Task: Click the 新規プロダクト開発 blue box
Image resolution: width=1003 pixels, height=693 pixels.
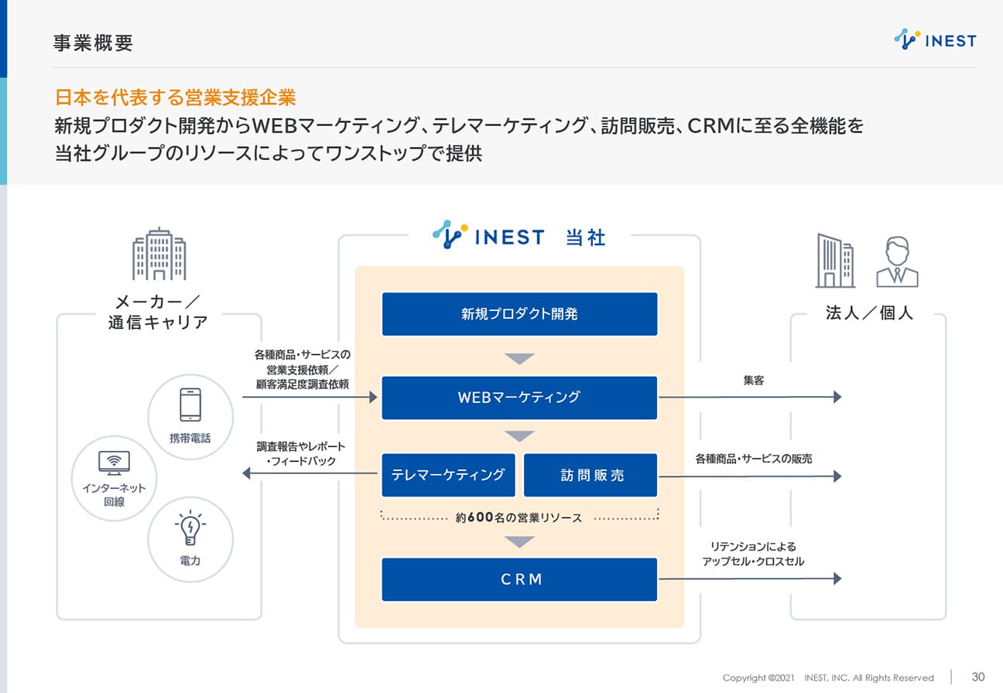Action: (519, 314)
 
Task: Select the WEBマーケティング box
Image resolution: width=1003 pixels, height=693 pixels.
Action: (519, 398)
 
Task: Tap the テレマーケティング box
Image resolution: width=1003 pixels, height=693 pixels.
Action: (448, 475)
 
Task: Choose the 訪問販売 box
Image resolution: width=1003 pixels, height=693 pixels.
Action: (591, 475)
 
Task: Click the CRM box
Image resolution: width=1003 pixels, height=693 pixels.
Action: (519, 579)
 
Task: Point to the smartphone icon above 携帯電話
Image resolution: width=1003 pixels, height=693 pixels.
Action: (190, 405)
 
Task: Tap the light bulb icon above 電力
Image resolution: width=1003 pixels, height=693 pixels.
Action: (190, 527)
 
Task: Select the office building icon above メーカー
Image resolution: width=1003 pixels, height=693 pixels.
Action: (159, 254)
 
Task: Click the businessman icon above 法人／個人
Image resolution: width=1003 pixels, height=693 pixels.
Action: (897, 261)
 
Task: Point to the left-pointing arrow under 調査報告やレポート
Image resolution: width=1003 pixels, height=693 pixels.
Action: (310, 473)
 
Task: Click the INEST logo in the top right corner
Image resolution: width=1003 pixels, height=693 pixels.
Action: (935, 39)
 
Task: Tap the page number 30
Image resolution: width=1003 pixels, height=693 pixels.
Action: (978, 677)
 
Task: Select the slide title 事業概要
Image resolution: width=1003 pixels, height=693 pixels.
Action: (93, 43)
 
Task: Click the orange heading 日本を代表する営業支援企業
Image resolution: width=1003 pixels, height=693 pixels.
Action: (176, 97)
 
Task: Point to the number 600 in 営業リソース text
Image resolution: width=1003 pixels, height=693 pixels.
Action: (481, 517)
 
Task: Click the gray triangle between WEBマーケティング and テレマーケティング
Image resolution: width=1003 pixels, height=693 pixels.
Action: (519, 436)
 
